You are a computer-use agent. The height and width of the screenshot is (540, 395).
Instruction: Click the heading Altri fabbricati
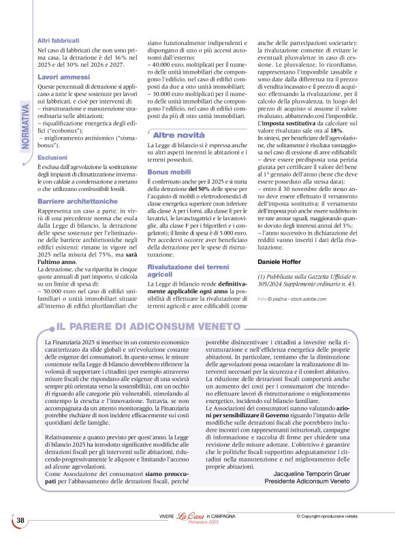(x=57, y=42)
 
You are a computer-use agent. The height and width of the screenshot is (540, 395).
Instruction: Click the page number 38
(x=20, y=521)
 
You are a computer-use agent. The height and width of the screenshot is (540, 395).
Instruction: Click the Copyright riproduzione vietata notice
(x=334, y=515)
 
